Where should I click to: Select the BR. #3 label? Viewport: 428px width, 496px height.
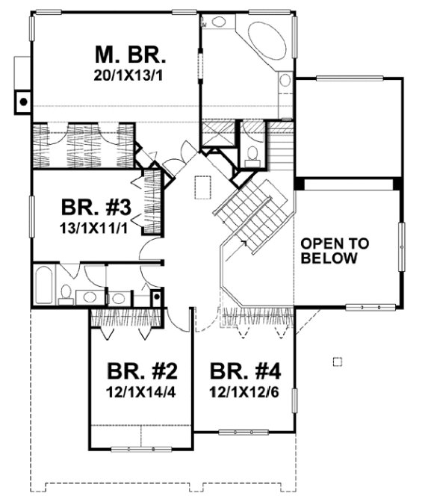pos(98,207)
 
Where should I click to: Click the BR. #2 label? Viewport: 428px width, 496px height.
pos(142,371)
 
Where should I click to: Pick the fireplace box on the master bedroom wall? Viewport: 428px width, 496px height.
pos(24,99)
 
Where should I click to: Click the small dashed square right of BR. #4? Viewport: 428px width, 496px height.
pos(336,362)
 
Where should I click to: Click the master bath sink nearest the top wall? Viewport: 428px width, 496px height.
pos(220,21)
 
